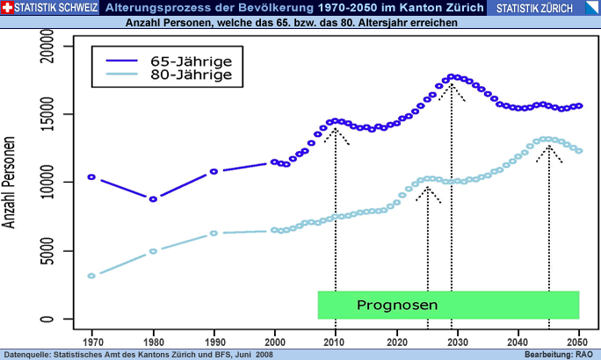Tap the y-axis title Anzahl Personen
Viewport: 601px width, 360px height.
click(x=11, y=182)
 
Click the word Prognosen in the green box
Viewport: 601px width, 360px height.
click(x=397, y=305)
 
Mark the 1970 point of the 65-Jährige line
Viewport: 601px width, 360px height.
click(x=91, y=177)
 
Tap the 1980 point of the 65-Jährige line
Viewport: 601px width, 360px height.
click(x=153, y=199)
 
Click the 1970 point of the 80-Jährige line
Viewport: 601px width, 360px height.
click(x=91, y=276)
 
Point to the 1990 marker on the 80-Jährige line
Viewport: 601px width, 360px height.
click(x=214, y=234)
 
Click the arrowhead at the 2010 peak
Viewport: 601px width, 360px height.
click(x=335, y=129)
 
